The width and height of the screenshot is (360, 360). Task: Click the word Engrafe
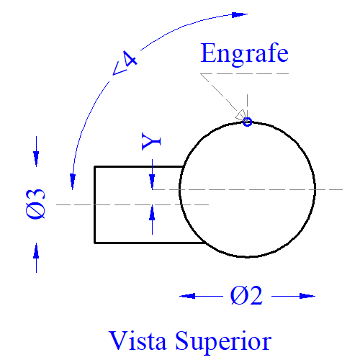(x=244, y=54)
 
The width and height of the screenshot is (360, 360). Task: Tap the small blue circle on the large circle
(x=247, y=122)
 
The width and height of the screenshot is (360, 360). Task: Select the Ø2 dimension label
(x=246, y=296)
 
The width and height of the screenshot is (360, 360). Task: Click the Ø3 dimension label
(x=35, y=204)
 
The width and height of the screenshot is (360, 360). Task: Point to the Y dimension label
(x=151, y=141)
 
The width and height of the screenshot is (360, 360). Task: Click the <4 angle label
(x=125, y=63)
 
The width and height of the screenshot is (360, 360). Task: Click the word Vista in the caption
(x=138, y=341)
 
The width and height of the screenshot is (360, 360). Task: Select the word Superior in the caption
(x=223, y=342)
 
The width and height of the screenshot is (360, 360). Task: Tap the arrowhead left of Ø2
(x=187, y=296)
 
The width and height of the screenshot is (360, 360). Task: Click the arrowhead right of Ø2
(x=307, y=296)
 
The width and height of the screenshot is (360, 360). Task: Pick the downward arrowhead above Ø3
(x=36, y=158)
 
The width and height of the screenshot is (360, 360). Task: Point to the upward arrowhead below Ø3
(x=36, y=251)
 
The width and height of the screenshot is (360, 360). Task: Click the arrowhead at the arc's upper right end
(x=240, y=15)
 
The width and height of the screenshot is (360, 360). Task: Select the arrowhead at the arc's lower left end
(x=73, y=182)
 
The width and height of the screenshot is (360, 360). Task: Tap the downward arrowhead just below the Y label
(x=152, y=182)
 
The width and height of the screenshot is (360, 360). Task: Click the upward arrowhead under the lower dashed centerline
(x=152, y=212)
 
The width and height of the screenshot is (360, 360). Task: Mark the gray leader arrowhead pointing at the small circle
(x=241, y=115)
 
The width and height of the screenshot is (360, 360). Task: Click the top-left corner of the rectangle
(x=95, y=166)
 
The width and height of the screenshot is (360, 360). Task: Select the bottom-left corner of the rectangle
(x=95, y=243)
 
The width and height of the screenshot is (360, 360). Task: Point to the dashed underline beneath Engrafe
(x=245, y=73)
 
